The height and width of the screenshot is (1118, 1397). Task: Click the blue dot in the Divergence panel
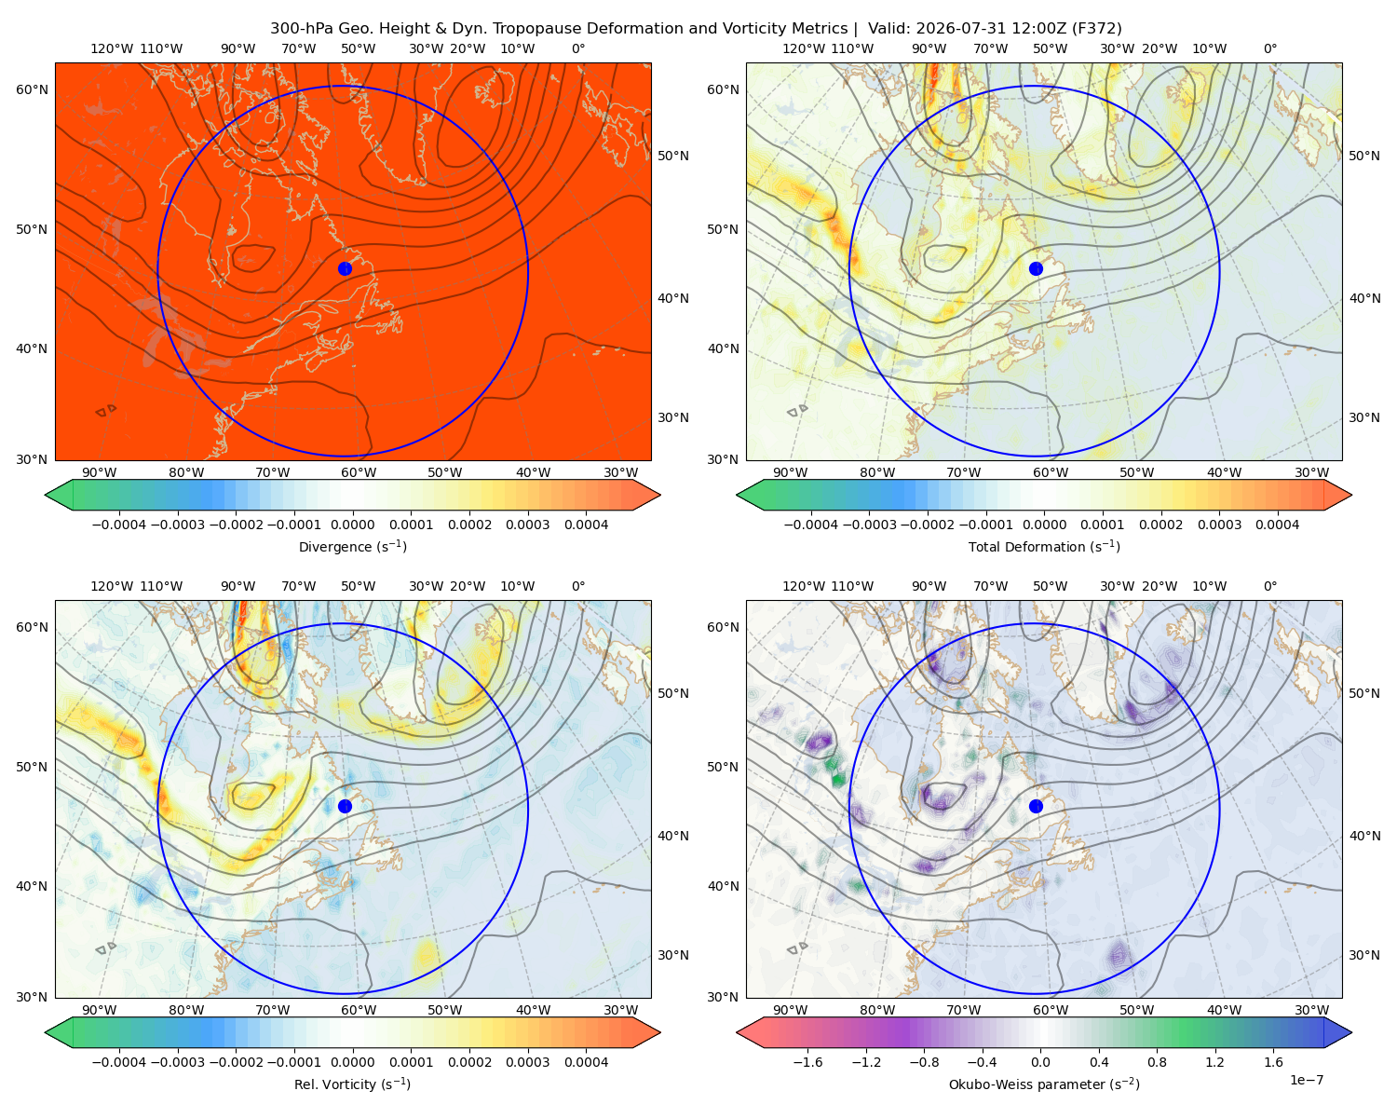click(345, 268)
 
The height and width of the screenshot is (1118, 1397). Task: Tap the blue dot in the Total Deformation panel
click(1036, 268)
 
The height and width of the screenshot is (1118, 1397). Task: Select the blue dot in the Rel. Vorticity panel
click(345, 806)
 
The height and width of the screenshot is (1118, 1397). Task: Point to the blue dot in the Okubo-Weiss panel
click(1036, 806)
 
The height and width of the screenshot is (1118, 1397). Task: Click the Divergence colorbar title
click(352, 546)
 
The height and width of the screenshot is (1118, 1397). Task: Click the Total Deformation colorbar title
click(1044, 546)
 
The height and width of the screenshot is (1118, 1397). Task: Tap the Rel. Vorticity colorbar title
click(352, 1084)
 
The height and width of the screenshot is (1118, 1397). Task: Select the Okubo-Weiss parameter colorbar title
click(1044, 1084)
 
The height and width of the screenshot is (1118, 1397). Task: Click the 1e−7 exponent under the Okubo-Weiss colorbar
click(1306, 1080)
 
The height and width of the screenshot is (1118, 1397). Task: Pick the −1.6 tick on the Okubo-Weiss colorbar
click(807, 1061)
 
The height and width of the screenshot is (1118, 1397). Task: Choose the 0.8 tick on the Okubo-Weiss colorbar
click(1157, 1061)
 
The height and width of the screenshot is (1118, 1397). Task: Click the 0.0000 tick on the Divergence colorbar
click(352, 525)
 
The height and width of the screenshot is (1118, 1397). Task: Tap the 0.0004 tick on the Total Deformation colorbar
click(1277, 525)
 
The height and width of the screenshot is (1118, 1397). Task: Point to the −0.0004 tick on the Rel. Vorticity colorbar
click(119, 1061)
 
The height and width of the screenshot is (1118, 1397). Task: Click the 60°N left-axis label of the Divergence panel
click(32, 89)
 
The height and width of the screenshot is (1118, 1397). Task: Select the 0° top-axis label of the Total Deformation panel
click(1269, 48)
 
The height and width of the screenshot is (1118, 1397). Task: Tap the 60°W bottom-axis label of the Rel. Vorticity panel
click(359, 1010)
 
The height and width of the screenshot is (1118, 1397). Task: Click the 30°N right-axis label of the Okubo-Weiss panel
click(1363, 954)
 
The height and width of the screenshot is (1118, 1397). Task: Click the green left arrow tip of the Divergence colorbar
click(46, 495)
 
